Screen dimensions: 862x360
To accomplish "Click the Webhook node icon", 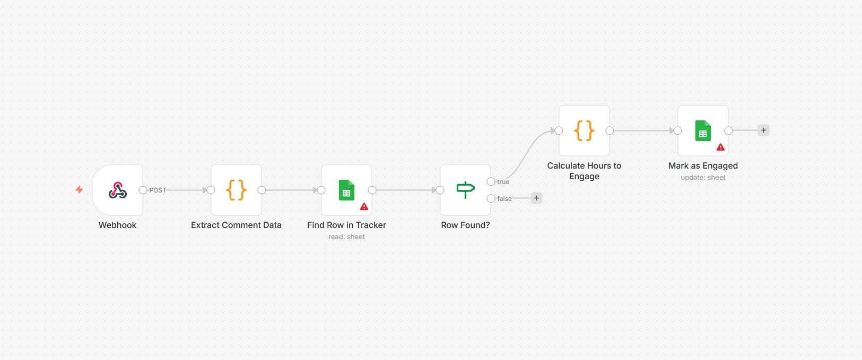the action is [x=117, y=190].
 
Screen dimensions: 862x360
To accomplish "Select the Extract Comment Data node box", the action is [x=236, y=190].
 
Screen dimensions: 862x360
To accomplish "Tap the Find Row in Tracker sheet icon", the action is [x=346, y=190].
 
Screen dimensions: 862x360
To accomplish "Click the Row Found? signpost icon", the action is [x=466, y=190].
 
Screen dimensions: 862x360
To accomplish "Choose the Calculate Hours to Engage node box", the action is [x=584, y=131].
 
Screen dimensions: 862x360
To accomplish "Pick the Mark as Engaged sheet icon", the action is [x=703, y=131].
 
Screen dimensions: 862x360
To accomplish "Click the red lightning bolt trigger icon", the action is [x=79, y=190].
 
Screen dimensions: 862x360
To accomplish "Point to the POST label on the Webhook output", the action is [x=158, y=190].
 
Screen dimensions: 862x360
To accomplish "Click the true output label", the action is [x=503, y=181].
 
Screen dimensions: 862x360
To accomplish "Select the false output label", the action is [x=504, y=198].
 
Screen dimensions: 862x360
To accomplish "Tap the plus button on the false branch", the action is [x=536, y=198].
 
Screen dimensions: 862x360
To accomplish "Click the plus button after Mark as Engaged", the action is [x=763, y=130].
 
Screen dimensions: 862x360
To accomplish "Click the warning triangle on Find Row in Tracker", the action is [x=364, y=207].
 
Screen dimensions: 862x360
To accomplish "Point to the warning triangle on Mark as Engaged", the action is [x=720, y=147].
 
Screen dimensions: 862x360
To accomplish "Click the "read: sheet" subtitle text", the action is [x=346, y=237].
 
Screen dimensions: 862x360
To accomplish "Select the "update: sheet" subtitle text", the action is [x=703, y=177].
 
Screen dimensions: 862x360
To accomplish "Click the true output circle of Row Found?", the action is [x=491, y=181].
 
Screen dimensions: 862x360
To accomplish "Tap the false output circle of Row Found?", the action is [x=491, y=198].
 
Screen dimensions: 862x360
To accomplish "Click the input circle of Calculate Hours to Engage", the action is [x=559, y=131].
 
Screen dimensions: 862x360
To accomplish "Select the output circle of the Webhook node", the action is [x=143, y=190].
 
